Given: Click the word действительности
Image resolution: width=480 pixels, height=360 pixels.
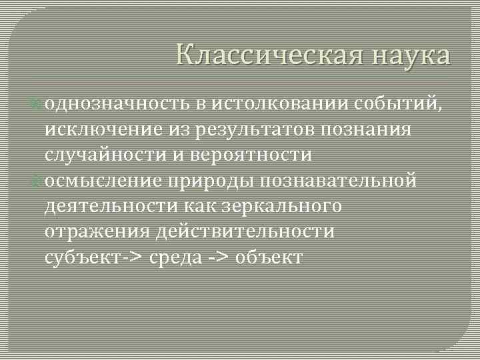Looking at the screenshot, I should click(245, 231).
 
